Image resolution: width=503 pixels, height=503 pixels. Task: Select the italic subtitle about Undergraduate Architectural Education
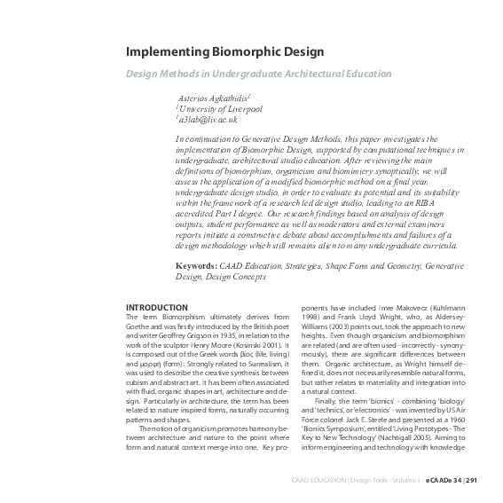click(x=258, y=74)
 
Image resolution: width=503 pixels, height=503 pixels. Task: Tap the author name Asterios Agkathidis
click(x=213, y=97)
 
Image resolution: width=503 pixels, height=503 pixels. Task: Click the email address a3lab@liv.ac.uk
click(x=208, y=120)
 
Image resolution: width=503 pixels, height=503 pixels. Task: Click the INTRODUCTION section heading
click(x=157, y=307)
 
